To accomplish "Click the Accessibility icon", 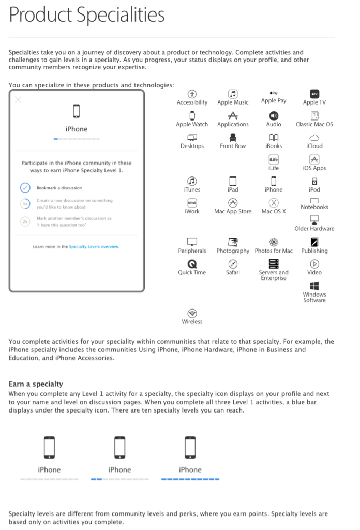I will coord(192,94).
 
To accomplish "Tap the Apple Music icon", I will coord(233,94).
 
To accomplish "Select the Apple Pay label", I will coord(274,101).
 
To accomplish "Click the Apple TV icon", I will coord(314,94).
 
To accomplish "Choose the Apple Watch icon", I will coord(192,116).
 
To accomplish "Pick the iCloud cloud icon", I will coord(314,138).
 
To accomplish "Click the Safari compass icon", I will coord(233,263).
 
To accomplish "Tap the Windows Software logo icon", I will coord(314,286).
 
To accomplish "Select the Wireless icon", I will coord(192,313).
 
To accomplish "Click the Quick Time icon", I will coord(192,263).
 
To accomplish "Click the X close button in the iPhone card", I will coord(18,99).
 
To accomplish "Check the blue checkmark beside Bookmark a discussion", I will coord(25,188).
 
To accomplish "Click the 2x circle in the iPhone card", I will coord(25,221).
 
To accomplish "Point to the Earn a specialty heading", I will coord(36,384).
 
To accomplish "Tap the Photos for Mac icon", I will coord(274,242).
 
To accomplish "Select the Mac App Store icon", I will coord(233,202).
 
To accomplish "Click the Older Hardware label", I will coord(314,229).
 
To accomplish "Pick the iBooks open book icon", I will coord(274,138).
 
